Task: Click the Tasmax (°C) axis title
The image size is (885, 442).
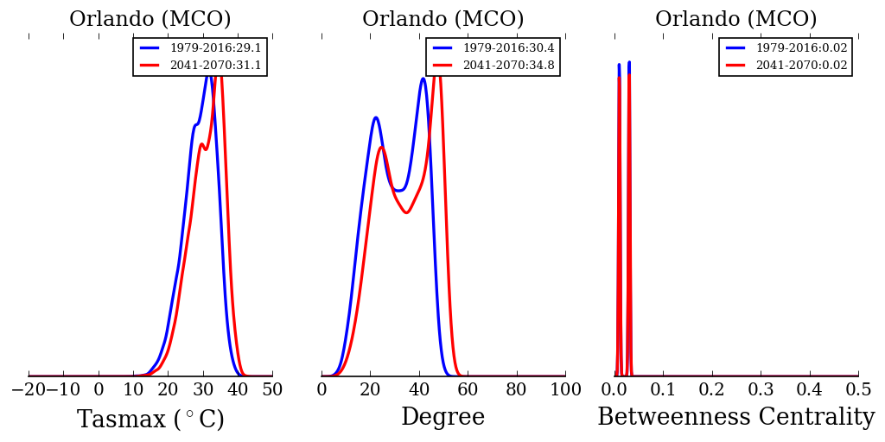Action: tap(150, 420)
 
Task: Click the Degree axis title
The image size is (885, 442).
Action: tap(442, 418)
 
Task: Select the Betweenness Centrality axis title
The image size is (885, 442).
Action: tap(735, 418)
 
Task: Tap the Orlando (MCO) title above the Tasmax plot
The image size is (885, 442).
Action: tap(150, 19)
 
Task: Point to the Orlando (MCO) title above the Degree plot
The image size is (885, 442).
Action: tap(442, 19)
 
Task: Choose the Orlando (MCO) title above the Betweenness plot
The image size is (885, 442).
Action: tap(735, 19)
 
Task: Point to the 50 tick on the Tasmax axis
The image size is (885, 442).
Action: tap(272, 390)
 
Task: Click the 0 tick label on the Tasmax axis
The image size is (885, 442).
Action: tap(99, 390)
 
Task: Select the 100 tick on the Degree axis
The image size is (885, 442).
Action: tap(565, 390)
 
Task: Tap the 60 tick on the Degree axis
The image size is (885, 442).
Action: tap(468, 390)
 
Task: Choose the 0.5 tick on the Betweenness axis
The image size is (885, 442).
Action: tap(858, 390)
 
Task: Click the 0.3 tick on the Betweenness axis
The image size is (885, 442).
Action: tap(761, 390)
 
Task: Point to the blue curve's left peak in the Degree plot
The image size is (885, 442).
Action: tap(376, 117)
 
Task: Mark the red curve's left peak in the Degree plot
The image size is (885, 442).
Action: tap(382, 147)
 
